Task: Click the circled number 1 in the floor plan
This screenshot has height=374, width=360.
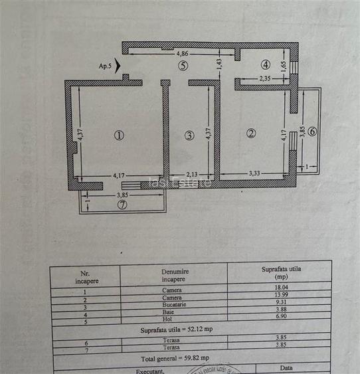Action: point(119,135)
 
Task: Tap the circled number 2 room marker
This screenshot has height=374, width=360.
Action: point(250,133)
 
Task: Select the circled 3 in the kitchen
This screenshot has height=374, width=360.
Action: point(189,136)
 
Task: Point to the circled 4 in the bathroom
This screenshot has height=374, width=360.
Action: point(266,65)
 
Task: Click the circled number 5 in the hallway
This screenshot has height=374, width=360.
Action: point(183,65)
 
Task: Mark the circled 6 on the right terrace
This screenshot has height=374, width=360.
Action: point(312,131)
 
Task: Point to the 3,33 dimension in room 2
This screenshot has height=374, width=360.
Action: point(254,173)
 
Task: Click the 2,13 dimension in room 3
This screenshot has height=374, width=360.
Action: point(191,174)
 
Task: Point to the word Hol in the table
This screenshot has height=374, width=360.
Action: point(173,319)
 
